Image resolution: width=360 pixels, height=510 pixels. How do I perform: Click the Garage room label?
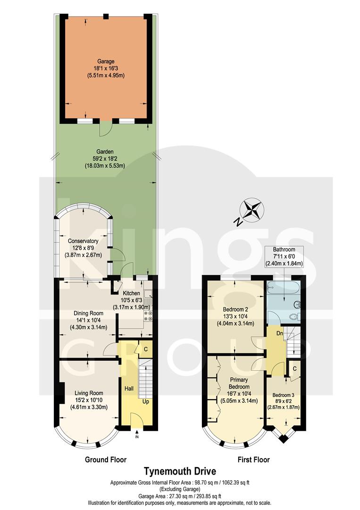click(106, 61)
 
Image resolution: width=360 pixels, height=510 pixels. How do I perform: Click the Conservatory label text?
click(83, 241)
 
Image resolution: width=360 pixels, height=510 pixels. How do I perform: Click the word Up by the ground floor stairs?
click(147, 401)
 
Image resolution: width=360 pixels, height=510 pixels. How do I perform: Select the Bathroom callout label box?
click(284, 256)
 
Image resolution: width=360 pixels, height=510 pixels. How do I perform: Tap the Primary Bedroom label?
click(239, 382)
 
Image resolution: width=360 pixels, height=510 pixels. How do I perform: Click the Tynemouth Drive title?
click(180, 471)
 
